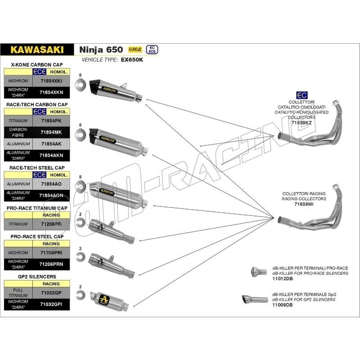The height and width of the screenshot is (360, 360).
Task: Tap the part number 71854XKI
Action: point(51,81)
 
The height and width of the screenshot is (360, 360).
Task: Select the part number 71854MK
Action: point(51,132)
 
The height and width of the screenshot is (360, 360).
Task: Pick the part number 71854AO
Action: point(52,184)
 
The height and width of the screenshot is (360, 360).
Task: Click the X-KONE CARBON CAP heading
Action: point(37,65)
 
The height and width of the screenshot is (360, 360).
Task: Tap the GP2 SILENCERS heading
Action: point(31,276)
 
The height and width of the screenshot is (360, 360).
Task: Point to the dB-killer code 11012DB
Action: point(282,279)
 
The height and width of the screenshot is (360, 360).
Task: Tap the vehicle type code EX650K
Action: point(132,59)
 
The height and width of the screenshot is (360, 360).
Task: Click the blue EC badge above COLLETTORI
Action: point(302,95)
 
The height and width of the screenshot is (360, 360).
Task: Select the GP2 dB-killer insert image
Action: point(250,299)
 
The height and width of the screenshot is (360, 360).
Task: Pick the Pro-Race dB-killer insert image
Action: point(255,271)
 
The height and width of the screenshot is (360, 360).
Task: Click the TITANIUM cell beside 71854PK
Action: point(18,121)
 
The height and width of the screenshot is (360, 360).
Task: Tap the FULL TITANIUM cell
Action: point(18,292)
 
